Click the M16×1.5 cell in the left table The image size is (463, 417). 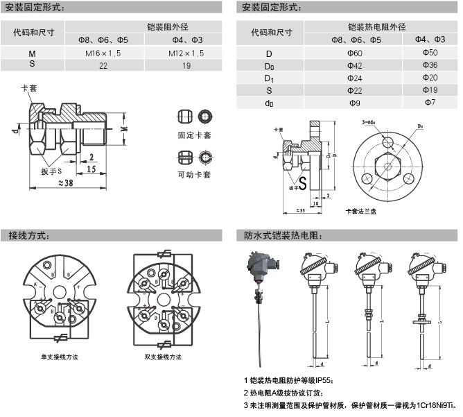[x=103, y=53]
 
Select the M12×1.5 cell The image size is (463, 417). [x=186, y=53]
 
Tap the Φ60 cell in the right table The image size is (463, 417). [x=338, y=53]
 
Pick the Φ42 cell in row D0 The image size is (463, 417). [x=338, y=65]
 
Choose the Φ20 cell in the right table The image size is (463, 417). [x=429, y=78]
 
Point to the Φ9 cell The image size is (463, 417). [x=338, y=103]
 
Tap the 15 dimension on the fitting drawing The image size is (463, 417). [x=91, y=168]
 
